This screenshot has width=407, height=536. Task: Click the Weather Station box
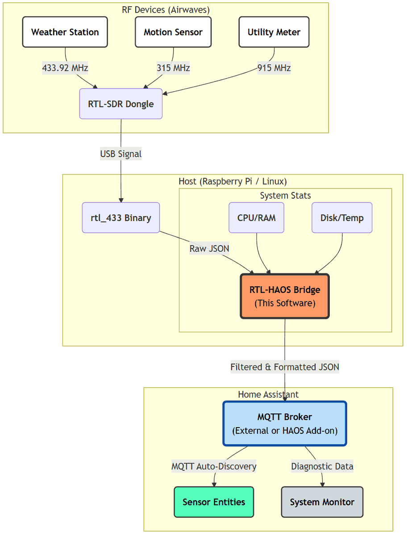[65, 32]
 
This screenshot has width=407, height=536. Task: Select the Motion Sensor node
[173, 32]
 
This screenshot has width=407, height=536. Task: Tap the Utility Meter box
[274, 32]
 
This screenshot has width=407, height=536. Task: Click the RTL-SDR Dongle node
[121, 104]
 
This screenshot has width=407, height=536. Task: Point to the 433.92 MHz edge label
[65, 68]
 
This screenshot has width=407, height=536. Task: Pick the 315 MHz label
[173, 68]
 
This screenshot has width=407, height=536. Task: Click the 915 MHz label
[274, 68]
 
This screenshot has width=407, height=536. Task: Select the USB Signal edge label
[121, 154]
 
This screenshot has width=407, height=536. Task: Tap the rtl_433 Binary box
[121, 218]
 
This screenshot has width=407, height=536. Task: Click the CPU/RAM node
[257, 218]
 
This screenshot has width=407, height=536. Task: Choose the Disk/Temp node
[342, 218]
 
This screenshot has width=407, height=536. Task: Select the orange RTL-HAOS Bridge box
[285, 296]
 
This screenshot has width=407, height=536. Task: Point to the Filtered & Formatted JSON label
[285, 367]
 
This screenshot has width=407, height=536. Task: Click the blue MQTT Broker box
[285, 423]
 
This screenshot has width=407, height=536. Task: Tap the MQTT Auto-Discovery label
[214, 467]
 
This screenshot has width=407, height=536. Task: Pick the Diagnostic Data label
[322, 467]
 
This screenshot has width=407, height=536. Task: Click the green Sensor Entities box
[214, 502]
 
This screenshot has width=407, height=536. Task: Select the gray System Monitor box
[322, 502]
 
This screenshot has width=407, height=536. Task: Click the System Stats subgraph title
[285, 196]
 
